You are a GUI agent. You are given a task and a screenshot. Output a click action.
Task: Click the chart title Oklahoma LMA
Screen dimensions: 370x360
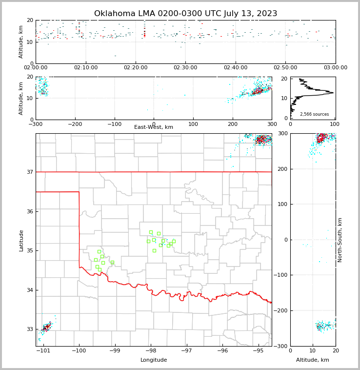pos(185,14)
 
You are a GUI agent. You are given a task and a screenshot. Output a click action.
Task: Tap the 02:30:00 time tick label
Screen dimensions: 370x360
pos(185,67)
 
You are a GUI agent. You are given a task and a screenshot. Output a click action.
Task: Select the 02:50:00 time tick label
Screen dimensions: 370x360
pos(285,67)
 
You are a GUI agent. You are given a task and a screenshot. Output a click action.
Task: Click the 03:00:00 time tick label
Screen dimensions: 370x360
pos(335,67)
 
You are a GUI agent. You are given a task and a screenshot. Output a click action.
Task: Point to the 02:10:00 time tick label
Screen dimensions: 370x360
pos(86,67)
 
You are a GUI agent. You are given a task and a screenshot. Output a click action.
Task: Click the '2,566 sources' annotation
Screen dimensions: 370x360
pos(314,114)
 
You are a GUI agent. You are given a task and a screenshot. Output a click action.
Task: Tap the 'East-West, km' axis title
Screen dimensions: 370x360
pos(154,127)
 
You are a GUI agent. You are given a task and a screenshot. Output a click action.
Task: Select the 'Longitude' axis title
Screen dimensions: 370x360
pos(154,360)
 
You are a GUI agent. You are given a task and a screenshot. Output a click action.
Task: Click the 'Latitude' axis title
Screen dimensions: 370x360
pos(21,240)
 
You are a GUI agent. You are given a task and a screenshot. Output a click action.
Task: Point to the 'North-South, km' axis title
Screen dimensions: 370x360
pos(340,240)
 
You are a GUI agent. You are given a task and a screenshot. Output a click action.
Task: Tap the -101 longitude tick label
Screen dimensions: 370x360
pos(43,351)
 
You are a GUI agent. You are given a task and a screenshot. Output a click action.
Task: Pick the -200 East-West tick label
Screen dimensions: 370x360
pos(75,124)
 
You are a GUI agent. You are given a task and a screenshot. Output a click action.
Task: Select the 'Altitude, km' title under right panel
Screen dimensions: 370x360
pos(313,360)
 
